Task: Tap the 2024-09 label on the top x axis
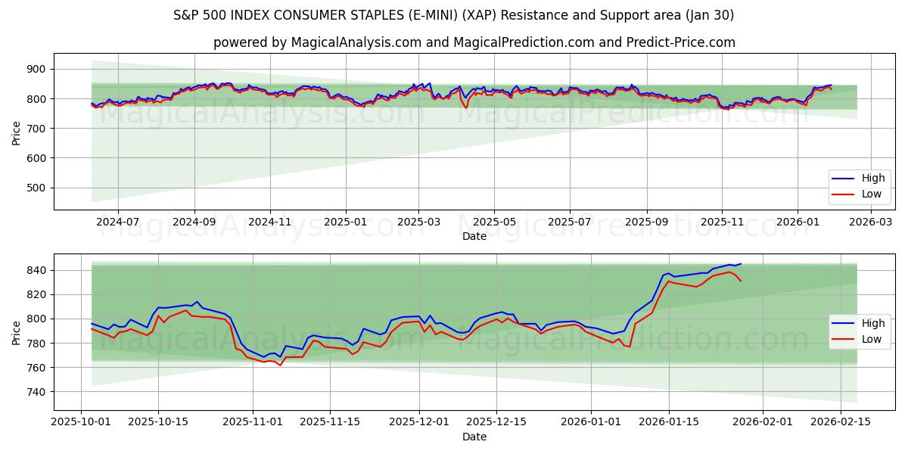point(194,222)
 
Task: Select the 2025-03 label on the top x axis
point(418,222)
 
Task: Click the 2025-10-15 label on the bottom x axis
point(157,422)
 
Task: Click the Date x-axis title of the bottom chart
point(474,437)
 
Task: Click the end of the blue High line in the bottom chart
point(741,264)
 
